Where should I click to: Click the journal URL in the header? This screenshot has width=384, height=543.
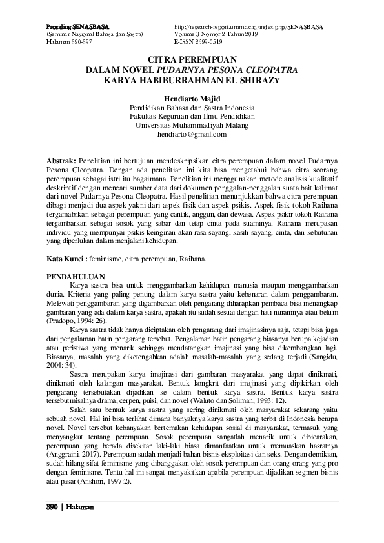(248, 26)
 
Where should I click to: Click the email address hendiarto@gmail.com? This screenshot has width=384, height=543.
(192, 134)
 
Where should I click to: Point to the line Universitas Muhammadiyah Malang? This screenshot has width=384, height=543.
(192, 125)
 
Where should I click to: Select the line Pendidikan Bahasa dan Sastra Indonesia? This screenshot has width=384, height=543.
(192, 107)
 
